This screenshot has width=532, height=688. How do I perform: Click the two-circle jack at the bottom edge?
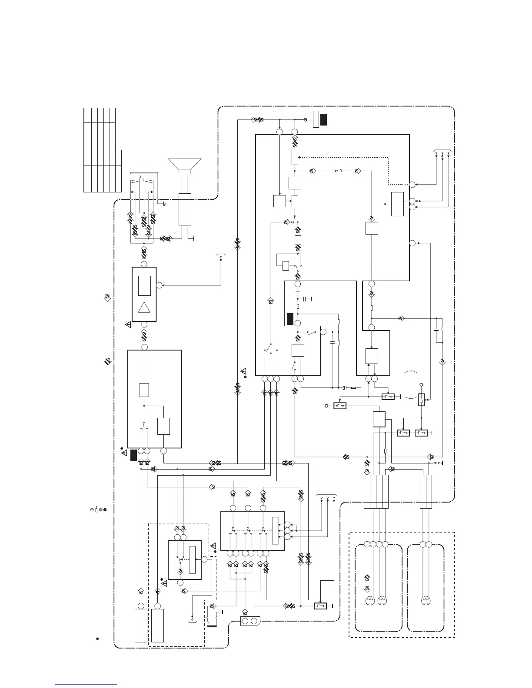(x=250, y=621)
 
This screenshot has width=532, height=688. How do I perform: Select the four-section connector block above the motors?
(x=376, y=491)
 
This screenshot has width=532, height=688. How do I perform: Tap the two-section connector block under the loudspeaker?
(x=185, y=209)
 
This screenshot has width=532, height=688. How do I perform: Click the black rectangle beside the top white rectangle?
(x=323, y=119)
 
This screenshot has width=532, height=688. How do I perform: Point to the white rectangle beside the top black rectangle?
(x=316, y=119)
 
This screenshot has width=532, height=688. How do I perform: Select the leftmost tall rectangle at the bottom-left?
(x=141, y=625)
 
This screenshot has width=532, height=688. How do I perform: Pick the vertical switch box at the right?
(x=421, y=399)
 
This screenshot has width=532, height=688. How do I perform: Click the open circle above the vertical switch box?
(x=421, y=385)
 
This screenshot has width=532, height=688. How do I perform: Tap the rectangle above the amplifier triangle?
(x=144, y=285)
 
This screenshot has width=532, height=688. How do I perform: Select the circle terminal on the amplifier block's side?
(x=159, y=285)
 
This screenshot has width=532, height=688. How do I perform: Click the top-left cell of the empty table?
(x=87, y=115)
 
